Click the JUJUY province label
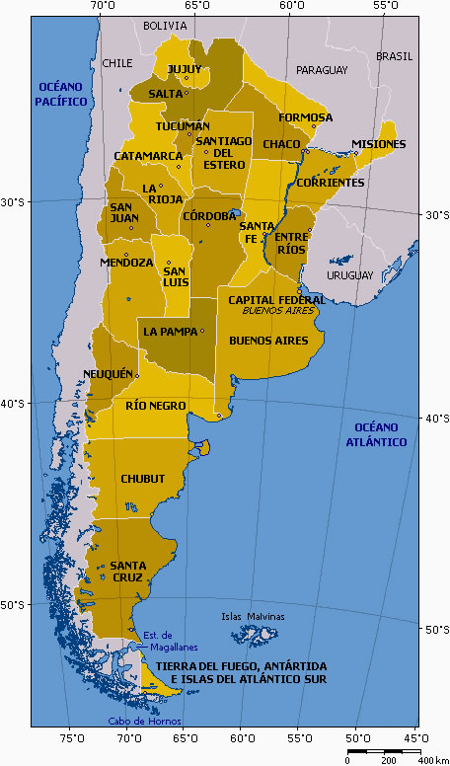point(185,69)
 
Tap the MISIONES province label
point(378,144)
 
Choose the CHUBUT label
point(142,479)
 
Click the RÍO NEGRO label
point(156,405)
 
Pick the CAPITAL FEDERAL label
point(276,299)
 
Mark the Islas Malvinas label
point(253,617)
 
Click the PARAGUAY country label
point(322,70)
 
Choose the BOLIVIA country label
point(165,26)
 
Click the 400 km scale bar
point(386,752)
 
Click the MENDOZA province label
point(126,263)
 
